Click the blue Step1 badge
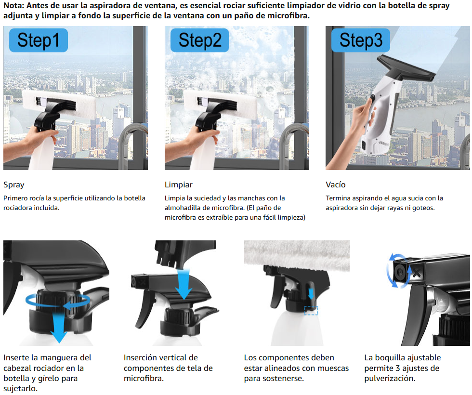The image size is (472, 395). pos(38,40)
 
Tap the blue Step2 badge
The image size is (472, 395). pos(199,40)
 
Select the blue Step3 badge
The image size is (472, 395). pos(361,40)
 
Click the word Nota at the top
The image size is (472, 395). pos(13,5)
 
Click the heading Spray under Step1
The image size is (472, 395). pos(14,185)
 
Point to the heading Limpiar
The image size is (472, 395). pos(179,184)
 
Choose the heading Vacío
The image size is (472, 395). pos(336,184)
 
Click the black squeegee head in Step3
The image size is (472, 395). pos(406,68)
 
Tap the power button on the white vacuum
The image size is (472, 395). pos(373,98)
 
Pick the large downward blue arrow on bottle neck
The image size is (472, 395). pos(59,327)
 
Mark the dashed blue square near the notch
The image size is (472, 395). pos(311,311)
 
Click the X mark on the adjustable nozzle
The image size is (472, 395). pos(417,273)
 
